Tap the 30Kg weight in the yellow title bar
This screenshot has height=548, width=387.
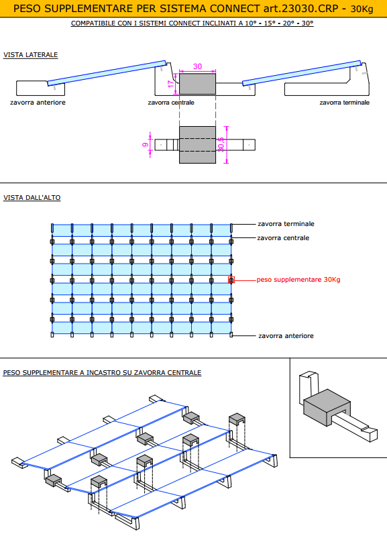(362, 9)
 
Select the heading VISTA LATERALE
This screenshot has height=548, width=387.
(30, 55)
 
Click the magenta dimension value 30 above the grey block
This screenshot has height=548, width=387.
(197, 66)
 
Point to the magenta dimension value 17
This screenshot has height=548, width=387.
(170, 84)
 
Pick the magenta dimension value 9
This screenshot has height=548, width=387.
(146, 144)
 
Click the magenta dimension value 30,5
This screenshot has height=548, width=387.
(221, 144)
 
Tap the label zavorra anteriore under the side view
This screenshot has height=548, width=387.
(38, 103)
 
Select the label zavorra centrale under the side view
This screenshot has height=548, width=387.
(171, 103)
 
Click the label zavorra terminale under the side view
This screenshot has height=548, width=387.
(344, 103)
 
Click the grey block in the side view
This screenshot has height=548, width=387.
(197, 84)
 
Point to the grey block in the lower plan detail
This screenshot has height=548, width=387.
(197, 145)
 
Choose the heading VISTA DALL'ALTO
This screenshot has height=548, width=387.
(32, 198)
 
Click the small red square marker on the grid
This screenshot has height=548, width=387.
(231, 280)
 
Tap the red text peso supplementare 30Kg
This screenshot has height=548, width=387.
(298, 280)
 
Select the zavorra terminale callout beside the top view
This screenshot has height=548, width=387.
(286, 223)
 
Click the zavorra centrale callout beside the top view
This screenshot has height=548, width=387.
(283, 238)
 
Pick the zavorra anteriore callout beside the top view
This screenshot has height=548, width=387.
(286, 336)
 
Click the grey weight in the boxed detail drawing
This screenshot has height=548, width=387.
(327, 406)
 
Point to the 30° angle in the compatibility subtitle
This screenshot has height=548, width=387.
(308, 23)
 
